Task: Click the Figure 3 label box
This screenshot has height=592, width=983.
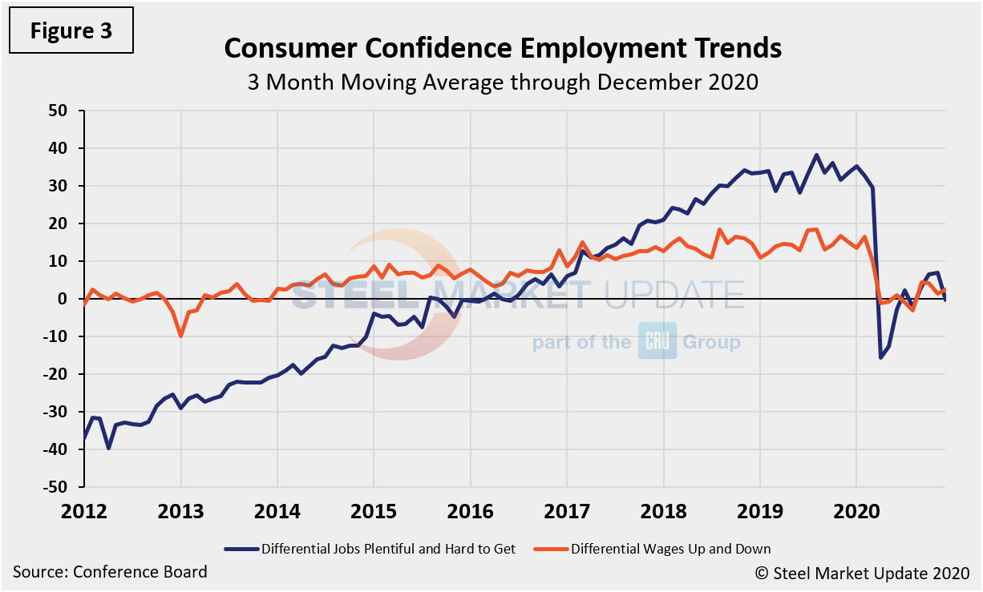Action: point(71,31)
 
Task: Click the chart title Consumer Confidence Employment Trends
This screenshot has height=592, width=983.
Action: point(502,48)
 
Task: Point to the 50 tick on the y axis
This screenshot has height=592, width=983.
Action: point(62,111)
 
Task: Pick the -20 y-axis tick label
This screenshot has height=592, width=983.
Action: point(59,374)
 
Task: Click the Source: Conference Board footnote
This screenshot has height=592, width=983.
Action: point(110,572)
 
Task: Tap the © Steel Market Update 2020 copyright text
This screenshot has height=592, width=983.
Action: point(861,573)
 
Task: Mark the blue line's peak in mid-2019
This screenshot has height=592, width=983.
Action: point(816,155)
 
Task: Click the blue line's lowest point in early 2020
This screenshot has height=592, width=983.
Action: point(880,357)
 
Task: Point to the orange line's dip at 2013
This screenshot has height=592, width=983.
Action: point(181,336)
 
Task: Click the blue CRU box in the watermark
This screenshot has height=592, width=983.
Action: point(657,340)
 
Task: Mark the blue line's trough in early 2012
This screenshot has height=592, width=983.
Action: point(108,448)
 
